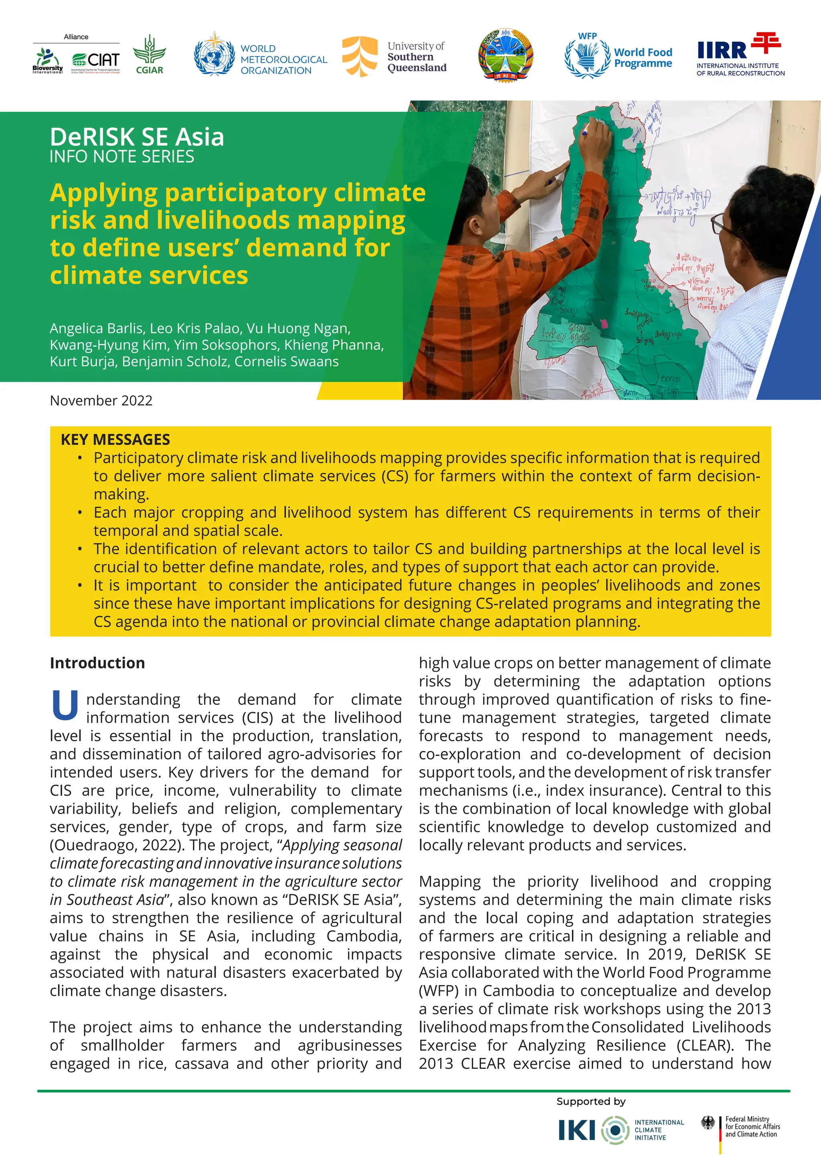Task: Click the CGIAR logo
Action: pyautogui.click(x=149, y=55)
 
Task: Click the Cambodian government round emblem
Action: pyautogui.click(x=506, y=55)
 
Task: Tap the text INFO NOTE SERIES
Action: pyautogui.click(x=122, y=157)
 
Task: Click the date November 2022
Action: pyautogui.click(x=101, y=400)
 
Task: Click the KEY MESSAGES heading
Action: pyautogui.click(x=115, y=439)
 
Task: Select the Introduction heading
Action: pyautogui.click(x=97, y=663)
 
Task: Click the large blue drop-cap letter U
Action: pyautogui.click(x=65, y=706)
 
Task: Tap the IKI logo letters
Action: pyautogui.click(x=576, y=1130)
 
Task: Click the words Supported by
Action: pyautogui.click(x=590, y=1101)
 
